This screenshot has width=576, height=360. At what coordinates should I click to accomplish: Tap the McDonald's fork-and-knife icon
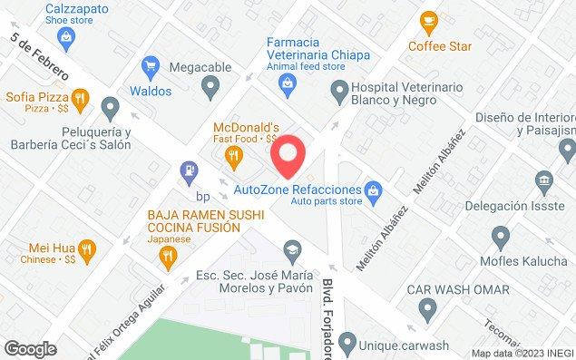[x=235, y=156]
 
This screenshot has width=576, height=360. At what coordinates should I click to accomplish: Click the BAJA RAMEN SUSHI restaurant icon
[x=166, y=257]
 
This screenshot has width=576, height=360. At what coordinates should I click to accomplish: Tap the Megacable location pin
[x=211, y=88]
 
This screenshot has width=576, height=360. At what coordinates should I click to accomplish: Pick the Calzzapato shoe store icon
[x=64, y=36]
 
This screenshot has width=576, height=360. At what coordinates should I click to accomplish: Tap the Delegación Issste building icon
[x=543, y=180]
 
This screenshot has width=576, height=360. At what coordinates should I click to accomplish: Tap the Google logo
[x=30, y=349]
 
